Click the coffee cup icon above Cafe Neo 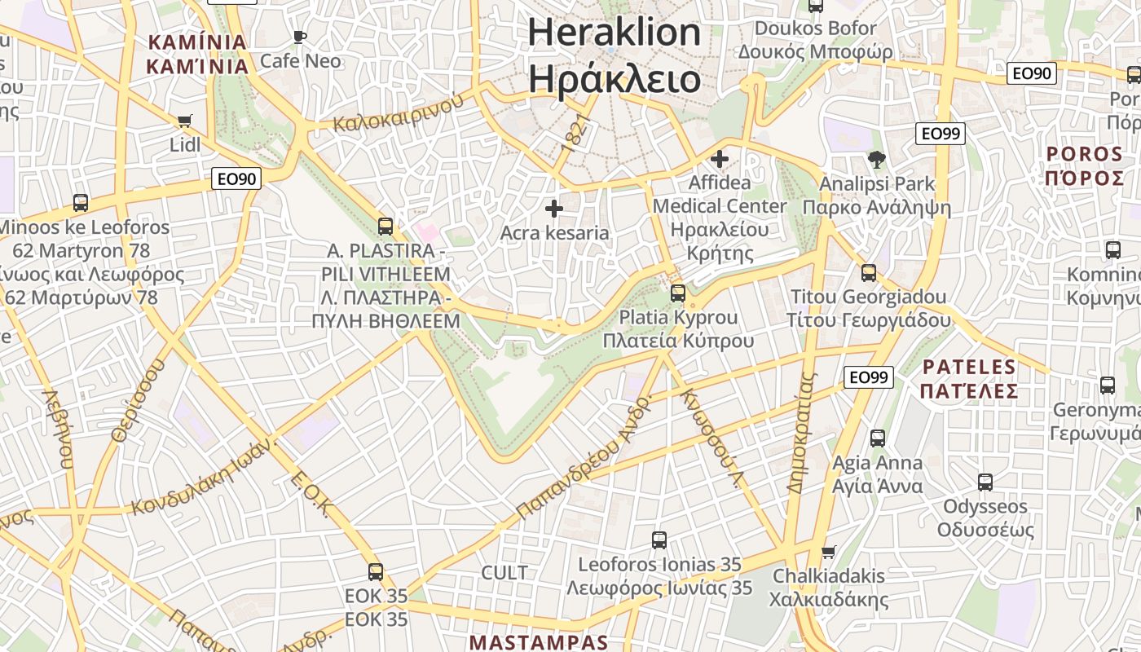pyautogui.click(x=299, y=37)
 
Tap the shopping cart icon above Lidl pyautogui.click(x=184, y=121)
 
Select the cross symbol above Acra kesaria pyautogui.click(x=554, y=209)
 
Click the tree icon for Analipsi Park pyautogui.click(x=876, y=159)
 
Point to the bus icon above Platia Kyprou pyautogui.click(x=678, y=293)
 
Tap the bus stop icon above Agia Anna pyautogui.click(x=877, y=438)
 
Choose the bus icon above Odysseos pyautogui.click(x=985, y=482)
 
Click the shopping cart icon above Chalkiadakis pyautogui.click(x=829, y=552)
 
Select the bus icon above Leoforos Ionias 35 pyautogui.click(x=659, y=540)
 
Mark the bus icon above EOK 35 pyautogui.click(x=375, y=572)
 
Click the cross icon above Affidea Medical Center pyautogui.click(x=719, y=158)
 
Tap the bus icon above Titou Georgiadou pyautogui.click(x=869, y=272)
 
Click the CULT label pyautogui.click(x=504, y=573)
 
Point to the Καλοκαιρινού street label pyautogui.click(x=399, y=113)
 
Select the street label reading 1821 pyautogui.click(x=575, y=133)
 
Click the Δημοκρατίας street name pyautogui.click(x=802, y=432)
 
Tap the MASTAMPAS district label pyautogui.click(x=539, y=642)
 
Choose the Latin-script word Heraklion pyautogui.click(x=615, y=33)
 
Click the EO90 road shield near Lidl pyautogui.click(x=236, y=178)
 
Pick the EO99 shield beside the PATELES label pyautogui.click(x=868, y=377)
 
